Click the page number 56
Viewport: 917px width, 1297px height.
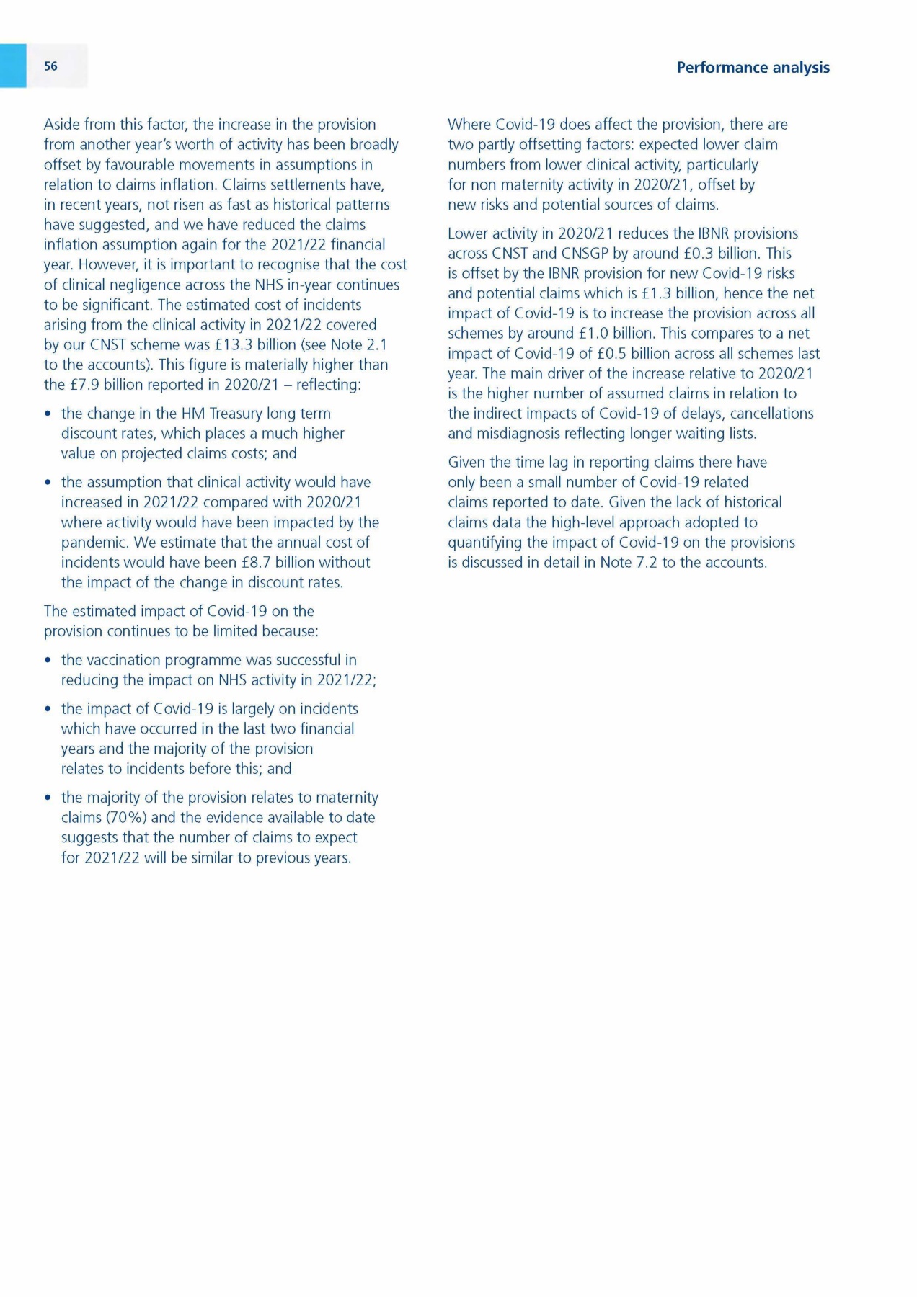click(50, 66)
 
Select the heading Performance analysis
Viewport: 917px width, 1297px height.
click(753, 68)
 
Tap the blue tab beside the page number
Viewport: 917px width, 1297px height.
click(13, 66)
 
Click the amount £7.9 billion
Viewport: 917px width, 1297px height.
click(105, 385)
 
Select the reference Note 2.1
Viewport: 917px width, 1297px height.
click(358, 344)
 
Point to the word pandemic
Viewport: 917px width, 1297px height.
click(94, 542)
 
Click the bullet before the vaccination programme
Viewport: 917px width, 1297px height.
click(48, 661)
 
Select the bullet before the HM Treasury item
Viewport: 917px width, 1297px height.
click(48, 414)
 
